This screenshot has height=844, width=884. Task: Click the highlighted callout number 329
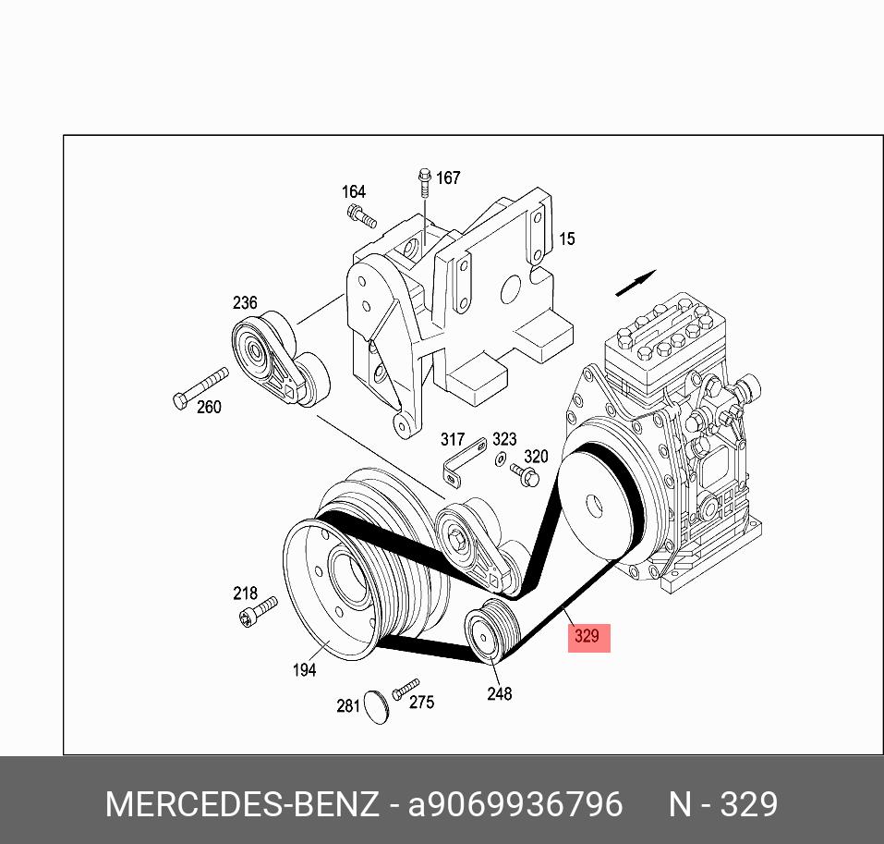[588, 636]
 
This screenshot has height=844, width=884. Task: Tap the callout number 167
[448, 177]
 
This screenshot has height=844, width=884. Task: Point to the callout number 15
[566, 239]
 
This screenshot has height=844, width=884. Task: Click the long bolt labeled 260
[200, 387]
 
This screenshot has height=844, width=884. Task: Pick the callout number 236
[245, 303]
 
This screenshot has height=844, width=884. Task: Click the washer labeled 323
[500, 459]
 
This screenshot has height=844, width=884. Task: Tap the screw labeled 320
[526, 475]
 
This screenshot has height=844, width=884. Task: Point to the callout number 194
[304, 670]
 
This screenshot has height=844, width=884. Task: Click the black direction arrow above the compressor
[636, 283]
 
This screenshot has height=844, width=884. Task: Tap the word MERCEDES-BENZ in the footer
[242, 804]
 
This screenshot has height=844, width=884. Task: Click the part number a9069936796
[515, 804]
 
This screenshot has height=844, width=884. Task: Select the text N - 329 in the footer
[723, 804]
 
